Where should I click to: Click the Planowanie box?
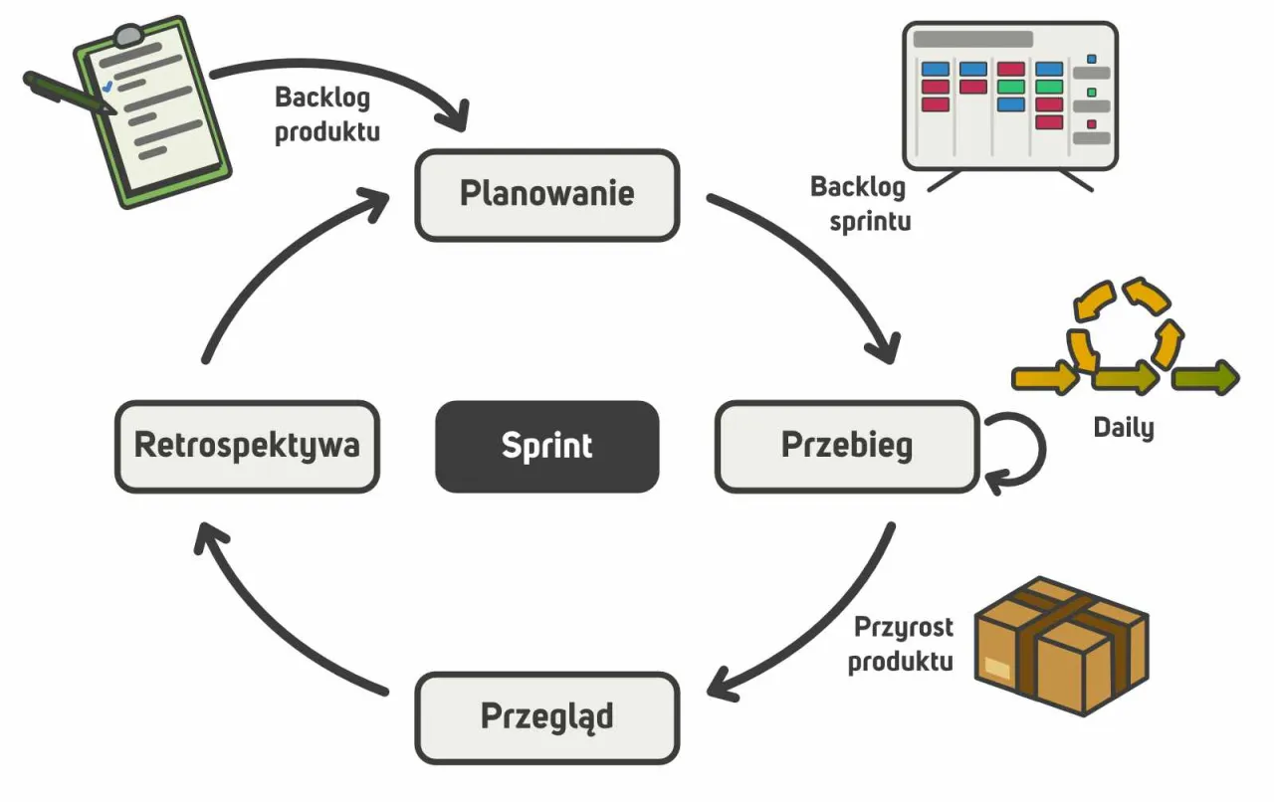546,194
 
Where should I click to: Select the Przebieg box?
847,446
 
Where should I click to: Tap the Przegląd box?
546,716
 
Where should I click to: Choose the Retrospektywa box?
247,446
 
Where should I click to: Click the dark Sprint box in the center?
546,446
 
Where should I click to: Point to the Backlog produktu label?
326,114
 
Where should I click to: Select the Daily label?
1124,428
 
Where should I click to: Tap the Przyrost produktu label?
901,644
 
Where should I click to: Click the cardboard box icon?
1060,647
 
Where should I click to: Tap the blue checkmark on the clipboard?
107,88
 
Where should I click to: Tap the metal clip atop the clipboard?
127,35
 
